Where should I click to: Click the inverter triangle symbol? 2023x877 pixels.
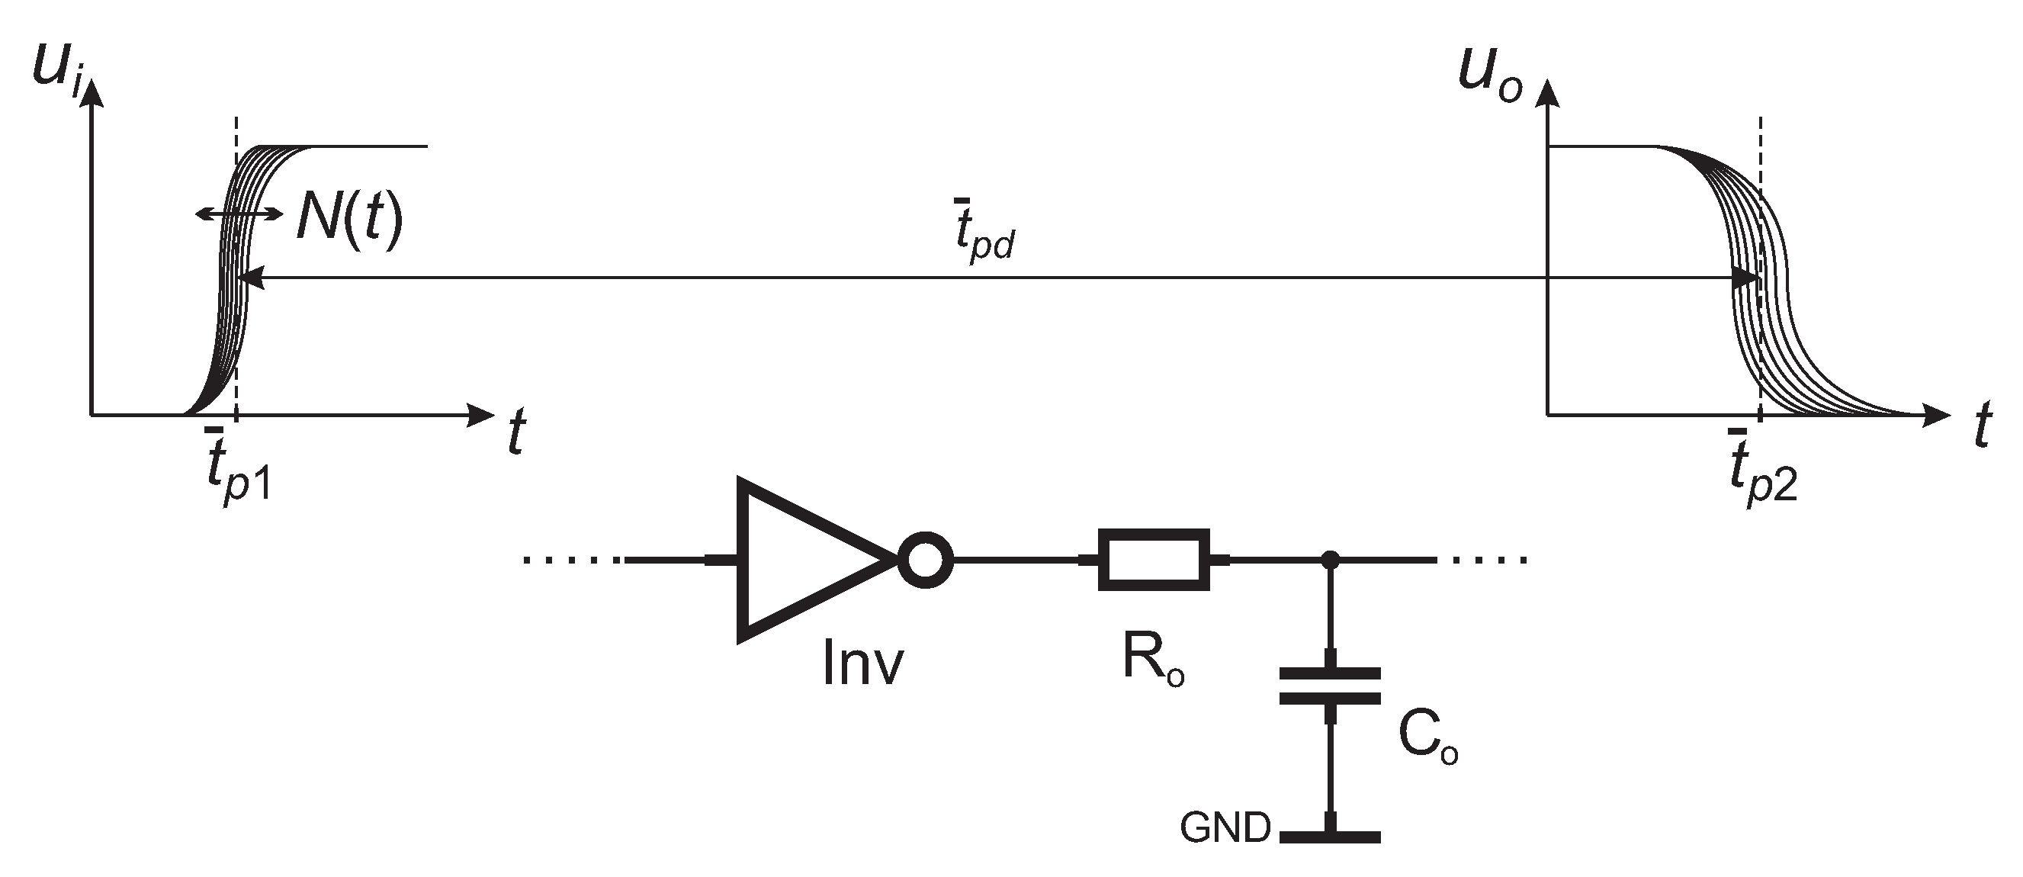pos(801,560)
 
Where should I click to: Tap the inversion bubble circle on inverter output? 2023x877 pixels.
pos(925,560)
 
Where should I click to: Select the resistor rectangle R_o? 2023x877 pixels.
pos(1153,559)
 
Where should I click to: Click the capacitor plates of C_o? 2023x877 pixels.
pos(1330,686)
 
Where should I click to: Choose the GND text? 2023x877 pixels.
pos(1225,827)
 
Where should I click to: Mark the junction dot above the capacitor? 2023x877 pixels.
pos(1330,560)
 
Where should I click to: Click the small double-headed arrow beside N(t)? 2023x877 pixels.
pos(239,213)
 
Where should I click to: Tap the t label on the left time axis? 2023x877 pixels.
pos(516,432)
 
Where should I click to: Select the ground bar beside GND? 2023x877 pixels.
pos(1330,837)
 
